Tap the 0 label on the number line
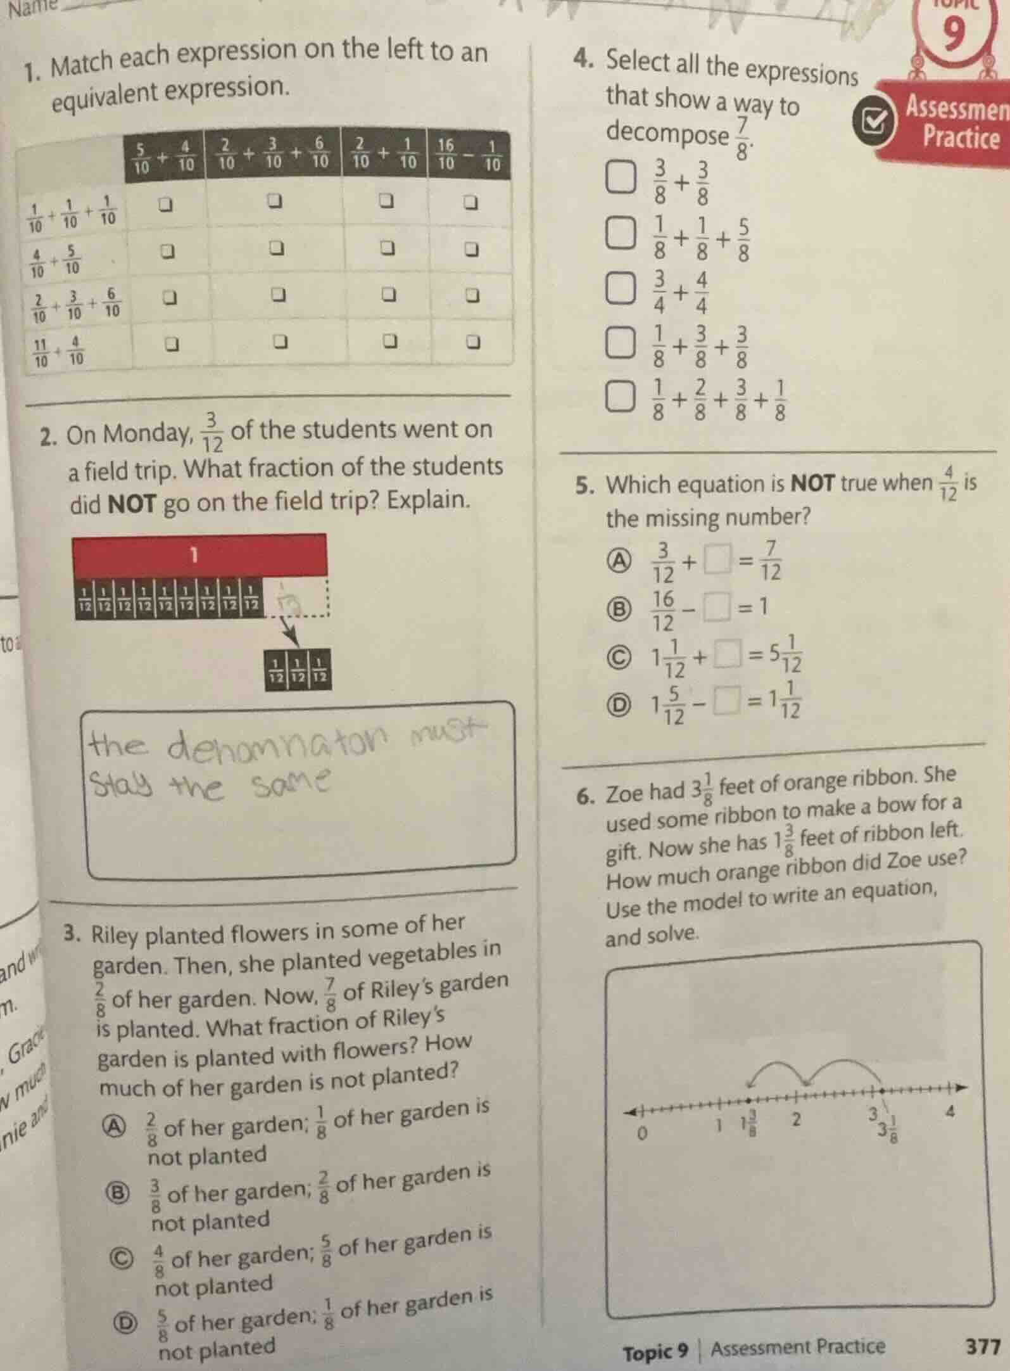(641, 1133)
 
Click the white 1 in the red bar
(194, 556)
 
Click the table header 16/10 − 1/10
(469, 153)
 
